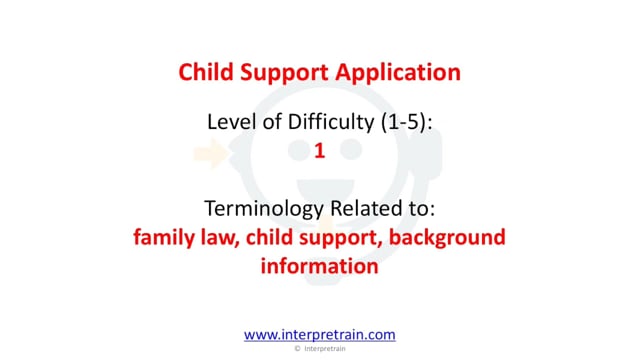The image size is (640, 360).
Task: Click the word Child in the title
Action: click(x=206, y=72)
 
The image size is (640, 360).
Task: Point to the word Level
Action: click(x=232, y=122)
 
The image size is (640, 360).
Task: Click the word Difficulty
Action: click(x=331, y=123)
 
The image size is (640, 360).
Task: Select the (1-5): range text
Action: click(x=407, y=123)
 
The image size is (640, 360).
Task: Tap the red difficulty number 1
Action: click(x=320, y=151)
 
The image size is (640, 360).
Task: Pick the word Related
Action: click(x=365, y=208)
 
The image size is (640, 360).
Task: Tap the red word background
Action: click(x=447, y=238)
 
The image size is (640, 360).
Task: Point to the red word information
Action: click(x=320, y=266)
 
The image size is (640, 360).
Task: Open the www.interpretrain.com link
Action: click(x=320, y=335)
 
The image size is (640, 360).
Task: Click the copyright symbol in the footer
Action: click(x=298, y=349)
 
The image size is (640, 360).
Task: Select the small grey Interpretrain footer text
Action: click(x=325, y=349)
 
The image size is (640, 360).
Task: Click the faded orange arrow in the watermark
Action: click(x=211, y=153)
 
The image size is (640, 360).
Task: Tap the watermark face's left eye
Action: click(x=299, y=149)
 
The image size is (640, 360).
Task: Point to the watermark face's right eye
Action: click(x=351, y=149)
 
